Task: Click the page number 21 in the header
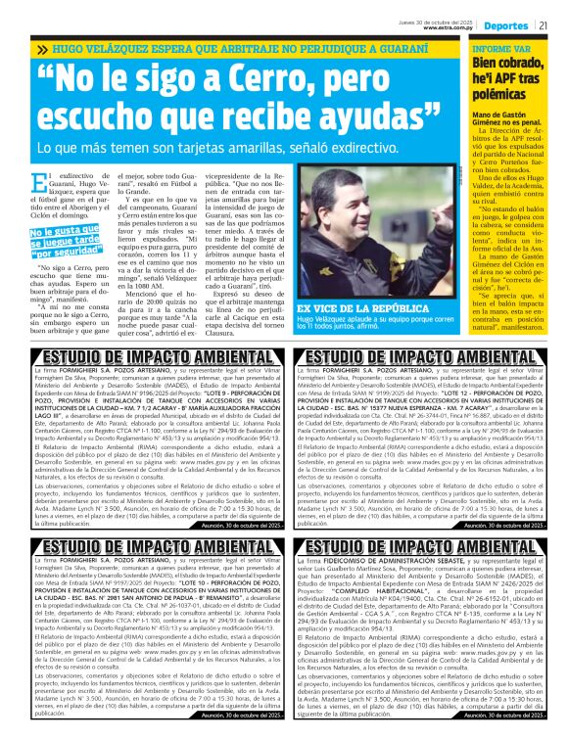point(542,25)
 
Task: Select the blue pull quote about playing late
point(60,239)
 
